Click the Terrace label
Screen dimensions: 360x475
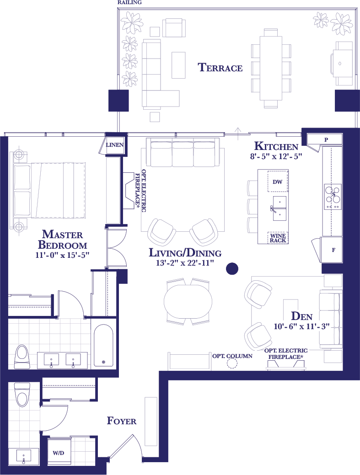(220, 67)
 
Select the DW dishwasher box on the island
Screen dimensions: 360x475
(278, 182)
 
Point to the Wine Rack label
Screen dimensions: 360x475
(278, 238)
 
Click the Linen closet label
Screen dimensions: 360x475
(114, 145)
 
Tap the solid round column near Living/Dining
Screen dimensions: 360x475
(232, 268)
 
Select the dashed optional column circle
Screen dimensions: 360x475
(232, 363)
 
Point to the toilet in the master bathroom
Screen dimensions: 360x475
(22, 357)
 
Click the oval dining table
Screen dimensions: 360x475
(188, 302)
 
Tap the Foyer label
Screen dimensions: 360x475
(122, 421)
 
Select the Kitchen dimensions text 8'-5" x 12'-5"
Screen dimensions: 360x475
(276, 157)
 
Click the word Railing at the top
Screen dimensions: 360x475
(130, 2)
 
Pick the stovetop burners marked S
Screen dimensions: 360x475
(333, 196)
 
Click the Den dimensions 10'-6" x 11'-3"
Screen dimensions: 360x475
(302, 326)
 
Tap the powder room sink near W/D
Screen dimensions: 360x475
(24, 456)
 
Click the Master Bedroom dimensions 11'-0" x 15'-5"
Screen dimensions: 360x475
(62, 255)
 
